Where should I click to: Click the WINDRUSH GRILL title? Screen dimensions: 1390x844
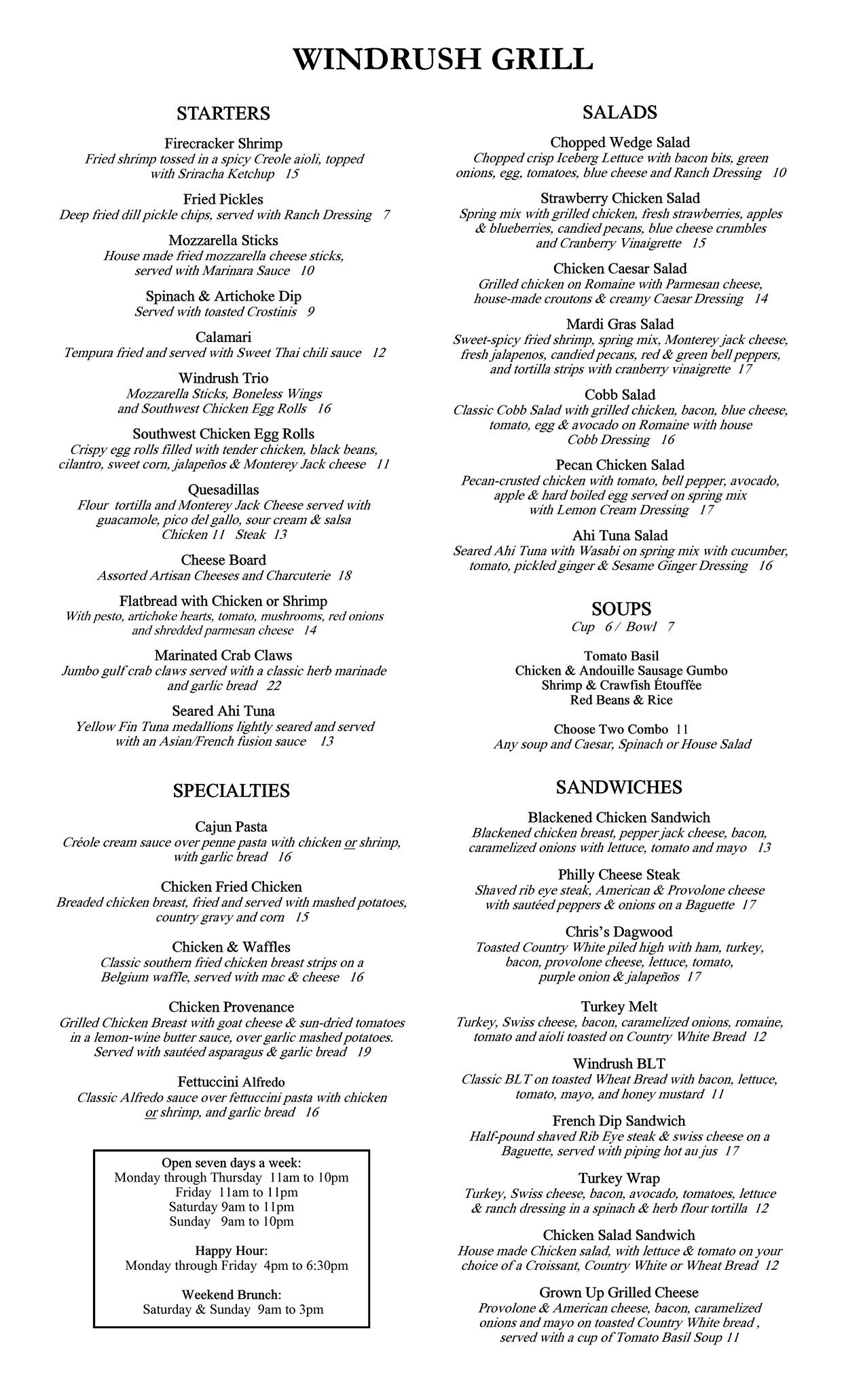443,59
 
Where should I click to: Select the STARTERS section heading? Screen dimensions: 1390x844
223,113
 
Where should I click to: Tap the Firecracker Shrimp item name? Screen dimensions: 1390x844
223,144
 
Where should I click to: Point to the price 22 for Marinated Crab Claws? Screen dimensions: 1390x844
274,685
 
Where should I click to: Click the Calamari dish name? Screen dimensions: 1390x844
223,337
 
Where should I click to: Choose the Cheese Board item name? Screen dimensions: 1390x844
223,560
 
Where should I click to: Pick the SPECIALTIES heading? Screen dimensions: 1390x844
231,791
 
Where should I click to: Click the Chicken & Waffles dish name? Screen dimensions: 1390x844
231,947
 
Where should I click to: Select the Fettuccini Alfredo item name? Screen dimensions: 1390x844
231,1082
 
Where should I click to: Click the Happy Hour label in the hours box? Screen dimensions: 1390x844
232,1250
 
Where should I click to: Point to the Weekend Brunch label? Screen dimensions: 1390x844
232,1294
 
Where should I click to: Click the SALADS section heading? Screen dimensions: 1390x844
620,113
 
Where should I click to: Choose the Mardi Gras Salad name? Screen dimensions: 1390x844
620,324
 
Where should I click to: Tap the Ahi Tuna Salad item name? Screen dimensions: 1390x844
620,536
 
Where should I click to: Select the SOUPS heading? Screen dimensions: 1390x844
621,608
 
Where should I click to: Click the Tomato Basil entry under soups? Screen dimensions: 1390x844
621,656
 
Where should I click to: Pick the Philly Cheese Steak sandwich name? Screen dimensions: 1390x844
619,875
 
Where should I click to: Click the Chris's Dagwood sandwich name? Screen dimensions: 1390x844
619,932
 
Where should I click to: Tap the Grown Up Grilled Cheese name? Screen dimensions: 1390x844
619,1292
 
